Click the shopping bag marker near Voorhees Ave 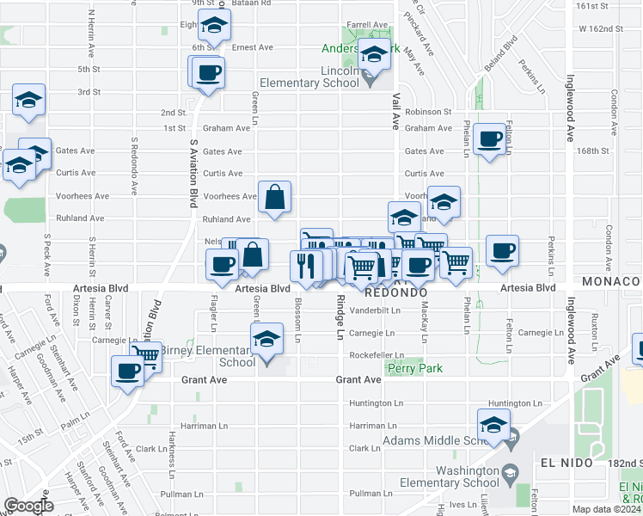[273, 198]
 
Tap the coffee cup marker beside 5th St [207, 71]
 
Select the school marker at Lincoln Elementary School [374, 56]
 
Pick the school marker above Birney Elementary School [267, 341]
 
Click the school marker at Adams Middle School [493, 425]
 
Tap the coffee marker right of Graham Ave [491, 138]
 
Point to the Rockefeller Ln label [377, 355]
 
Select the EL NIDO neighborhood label [567, 463]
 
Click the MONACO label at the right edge [612, 281]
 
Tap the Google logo [28, 506]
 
